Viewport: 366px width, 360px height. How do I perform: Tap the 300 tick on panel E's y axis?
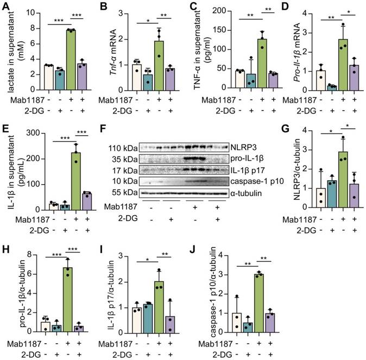(31, 133)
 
